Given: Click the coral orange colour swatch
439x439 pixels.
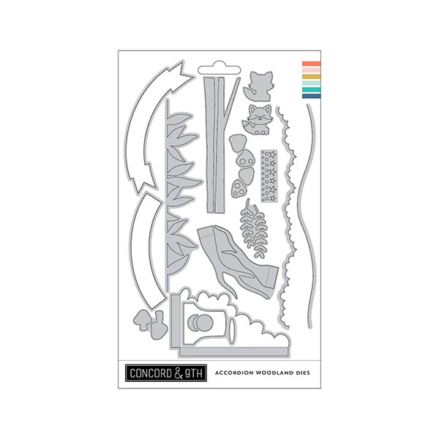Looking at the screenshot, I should pyautogui.click(x=311, y=64).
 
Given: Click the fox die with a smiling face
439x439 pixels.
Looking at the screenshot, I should pyautogui.click(x=258, y=117).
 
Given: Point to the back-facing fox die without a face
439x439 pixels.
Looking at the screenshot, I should pyautogui.click(x=258, y=84).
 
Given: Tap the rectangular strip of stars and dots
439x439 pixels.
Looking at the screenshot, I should pyautogui.click(x=268, y=168).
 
